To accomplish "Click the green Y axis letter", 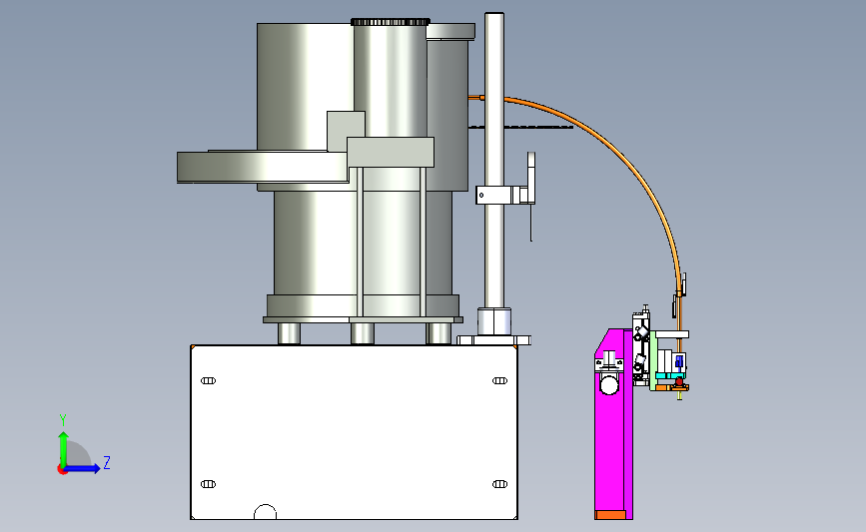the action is pyautogui.click(x=63, y=420).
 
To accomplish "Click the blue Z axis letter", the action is pyautogui.click(x=107, y=462).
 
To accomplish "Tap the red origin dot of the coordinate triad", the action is pyautogui.click(x=62, y=469).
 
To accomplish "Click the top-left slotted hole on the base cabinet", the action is pyautogui.click(x=208, y=381).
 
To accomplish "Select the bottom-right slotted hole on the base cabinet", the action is pyautogui.click(x=499, y=484).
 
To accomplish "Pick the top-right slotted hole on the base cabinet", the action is pyautogui.click(x=499, y=381).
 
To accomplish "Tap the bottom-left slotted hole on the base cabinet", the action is pyautogui.click(x=208, y=484).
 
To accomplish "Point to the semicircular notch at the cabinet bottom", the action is pyautogui.click(x=265, y=512).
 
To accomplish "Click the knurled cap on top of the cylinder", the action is pyautogui.click(x=390, y=22).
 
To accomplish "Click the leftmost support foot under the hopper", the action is pyautogui.click(x=289, y=333).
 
